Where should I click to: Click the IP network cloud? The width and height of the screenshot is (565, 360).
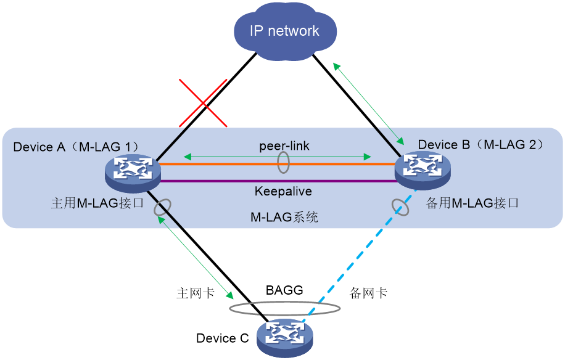click(285, 31)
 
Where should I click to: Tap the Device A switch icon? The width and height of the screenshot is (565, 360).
click(133, 173)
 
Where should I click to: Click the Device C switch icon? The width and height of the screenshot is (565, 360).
click(285, 338)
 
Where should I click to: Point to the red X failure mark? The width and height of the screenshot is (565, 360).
click(203, 104)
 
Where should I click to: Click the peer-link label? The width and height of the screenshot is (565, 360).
click(284, 146)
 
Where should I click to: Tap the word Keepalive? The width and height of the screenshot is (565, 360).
click(283, 191)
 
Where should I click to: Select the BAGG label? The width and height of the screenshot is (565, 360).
click(284, 290)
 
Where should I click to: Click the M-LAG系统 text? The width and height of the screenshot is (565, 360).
click(284, 217)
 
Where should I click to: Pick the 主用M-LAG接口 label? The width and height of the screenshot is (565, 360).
click(97, 203)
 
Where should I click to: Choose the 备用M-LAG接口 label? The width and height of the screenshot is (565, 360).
click(472, 203)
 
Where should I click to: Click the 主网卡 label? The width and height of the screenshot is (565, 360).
click(196, 293)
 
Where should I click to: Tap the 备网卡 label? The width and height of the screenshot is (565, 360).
click(368, 293)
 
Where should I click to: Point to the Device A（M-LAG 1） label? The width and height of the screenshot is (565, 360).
click(76, 147)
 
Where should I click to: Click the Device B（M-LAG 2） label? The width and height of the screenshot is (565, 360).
click(481, 145)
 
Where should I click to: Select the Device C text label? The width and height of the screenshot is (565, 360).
click(222, 338)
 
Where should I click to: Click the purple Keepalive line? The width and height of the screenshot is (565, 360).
click(278, 181)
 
